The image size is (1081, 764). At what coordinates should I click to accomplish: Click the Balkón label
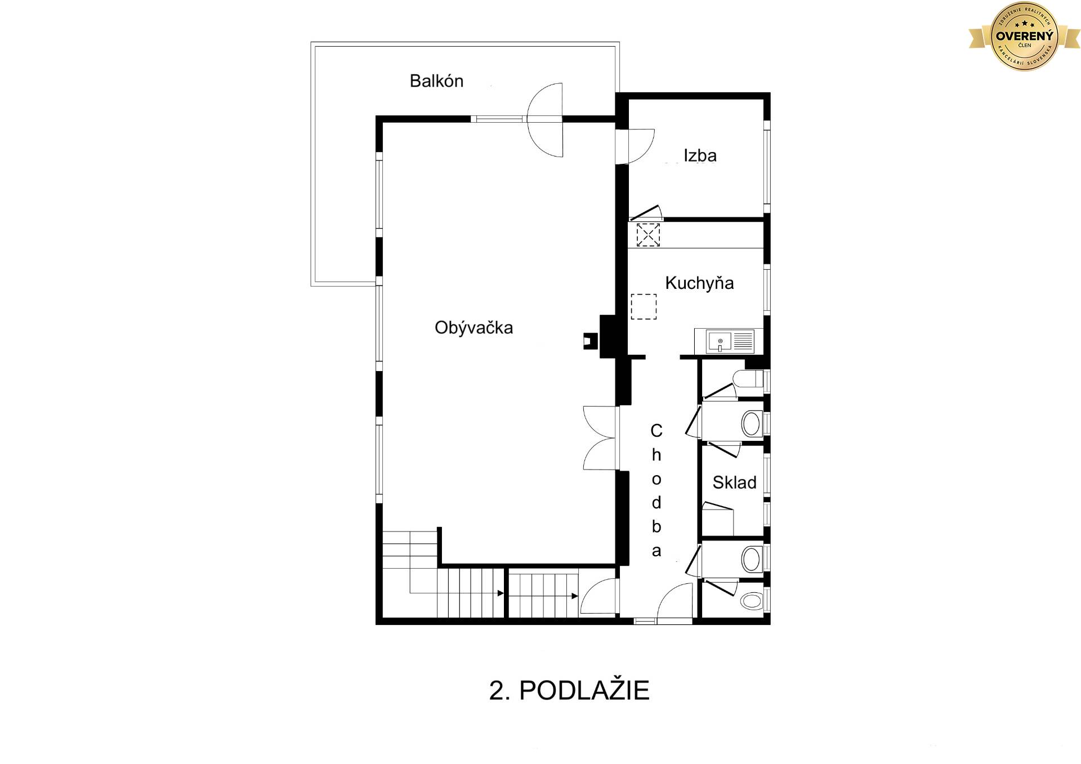436,81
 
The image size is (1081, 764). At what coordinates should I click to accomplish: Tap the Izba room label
700,155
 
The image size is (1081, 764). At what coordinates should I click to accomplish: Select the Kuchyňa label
699,283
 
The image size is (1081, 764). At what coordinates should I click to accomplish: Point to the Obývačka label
474,328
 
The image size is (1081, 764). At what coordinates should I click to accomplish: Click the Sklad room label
734,482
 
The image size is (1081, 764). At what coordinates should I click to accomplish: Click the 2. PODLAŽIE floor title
569,690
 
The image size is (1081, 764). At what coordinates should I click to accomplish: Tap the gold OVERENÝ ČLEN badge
1024,36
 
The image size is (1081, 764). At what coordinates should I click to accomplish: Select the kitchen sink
720,341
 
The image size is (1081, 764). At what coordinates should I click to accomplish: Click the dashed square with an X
648,235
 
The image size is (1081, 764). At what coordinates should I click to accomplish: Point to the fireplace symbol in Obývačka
591,341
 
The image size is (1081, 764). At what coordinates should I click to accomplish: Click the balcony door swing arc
545,119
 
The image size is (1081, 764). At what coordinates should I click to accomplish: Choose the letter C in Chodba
656,431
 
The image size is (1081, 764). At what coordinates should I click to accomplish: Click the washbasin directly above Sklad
751,423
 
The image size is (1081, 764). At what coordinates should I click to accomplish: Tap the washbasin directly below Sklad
751,559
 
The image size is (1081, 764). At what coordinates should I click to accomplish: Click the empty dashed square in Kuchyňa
644,307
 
